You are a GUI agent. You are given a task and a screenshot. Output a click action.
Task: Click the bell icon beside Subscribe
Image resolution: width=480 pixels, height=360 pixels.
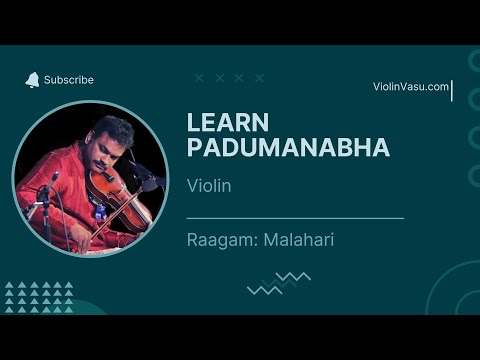pyautogui.click(x=32, y=79)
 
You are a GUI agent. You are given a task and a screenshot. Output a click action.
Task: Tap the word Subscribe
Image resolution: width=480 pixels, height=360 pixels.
pyautogui.click(x=69, y=80)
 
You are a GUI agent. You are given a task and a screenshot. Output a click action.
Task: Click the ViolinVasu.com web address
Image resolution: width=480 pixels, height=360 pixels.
pyautogui.click(x=410, y=87)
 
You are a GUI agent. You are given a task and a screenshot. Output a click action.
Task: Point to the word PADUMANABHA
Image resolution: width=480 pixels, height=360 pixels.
pyautogui.click(x=287, y=148)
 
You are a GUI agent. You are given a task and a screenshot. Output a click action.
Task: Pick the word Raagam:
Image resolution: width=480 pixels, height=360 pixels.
pyautogui.click(x=220, y=240)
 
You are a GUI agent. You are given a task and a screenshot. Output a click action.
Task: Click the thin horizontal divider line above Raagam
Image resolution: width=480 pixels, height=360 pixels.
pyautogui.click(x=295, y=217)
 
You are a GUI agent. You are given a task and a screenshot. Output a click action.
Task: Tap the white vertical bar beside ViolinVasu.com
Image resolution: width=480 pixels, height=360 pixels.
pyautogui.click(x=453, y=91)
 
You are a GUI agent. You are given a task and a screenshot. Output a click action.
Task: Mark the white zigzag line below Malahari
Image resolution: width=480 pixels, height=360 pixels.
pyautogui.click(x=264, y=289)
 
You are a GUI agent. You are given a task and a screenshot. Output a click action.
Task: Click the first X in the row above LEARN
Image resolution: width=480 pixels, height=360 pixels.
pyautogui.click(x=199, y=77)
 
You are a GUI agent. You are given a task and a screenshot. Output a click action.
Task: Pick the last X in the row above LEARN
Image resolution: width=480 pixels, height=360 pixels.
pyautogui.click(x=259, y=77)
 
